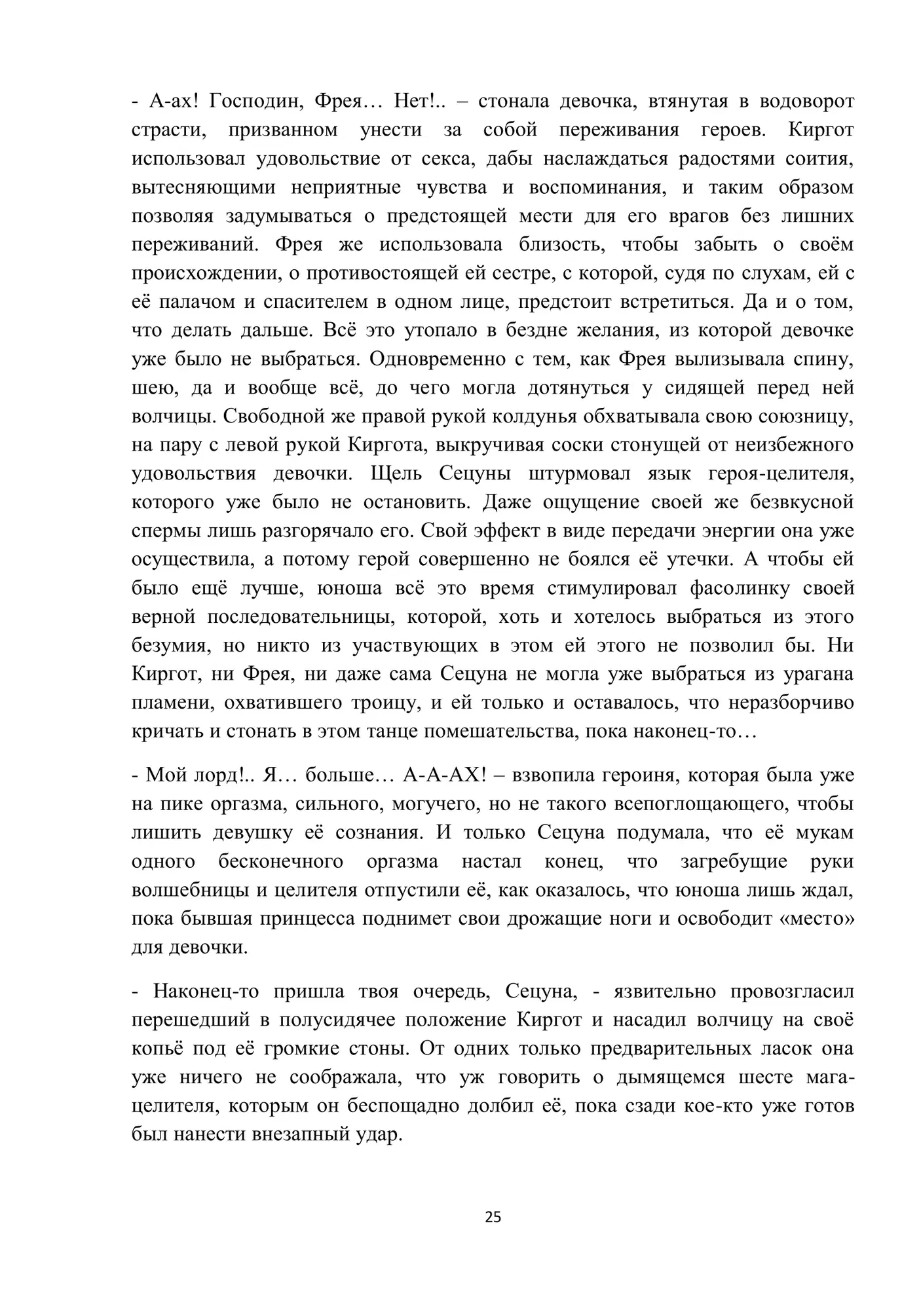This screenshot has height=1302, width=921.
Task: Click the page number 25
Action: click(493, 1217)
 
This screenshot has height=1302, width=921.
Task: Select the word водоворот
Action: click(806, 102)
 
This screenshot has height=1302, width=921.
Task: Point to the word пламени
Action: click(170, 703)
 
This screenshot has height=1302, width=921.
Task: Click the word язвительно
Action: click(664, 991)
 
